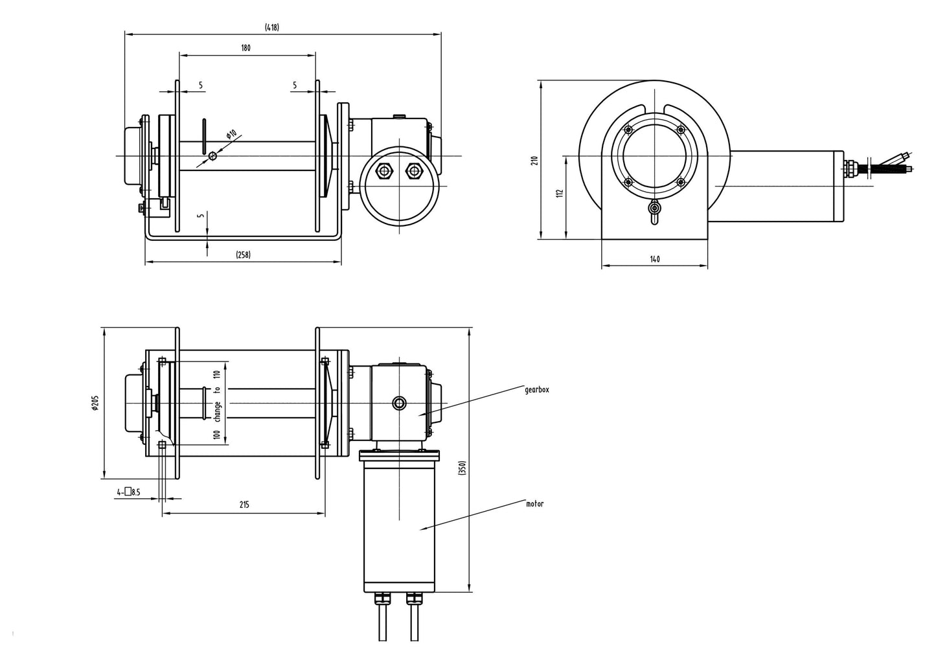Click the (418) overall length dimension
coord(271,27)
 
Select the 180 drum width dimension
coord(245,48)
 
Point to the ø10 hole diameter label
coord(232,135)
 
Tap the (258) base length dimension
coord(242,255)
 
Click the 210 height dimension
coord(534,160)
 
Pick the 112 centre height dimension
coord(560,193)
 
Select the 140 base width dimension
coord(654,259)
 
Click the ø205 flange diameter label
coord(96,403)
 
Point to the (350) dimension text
coord(462,468)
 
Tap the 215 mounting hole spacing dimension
coord(244,505)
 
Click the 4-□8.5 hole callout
coord(128,492)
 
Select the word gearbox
coord(537,390)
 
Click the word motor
coord(534,503)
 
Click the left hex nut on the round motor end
coord(384,171)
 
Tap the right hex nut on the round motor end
coord(413,171)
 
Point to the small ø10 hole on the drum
coord(212,155)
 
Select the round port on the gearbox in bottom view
coord(400,404)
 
